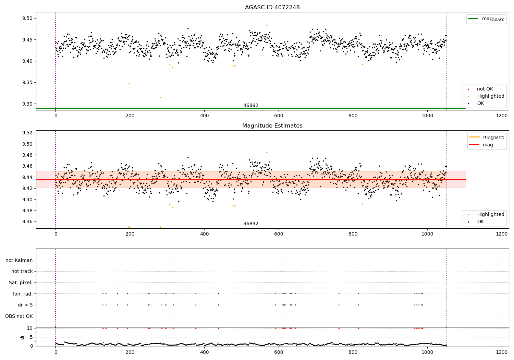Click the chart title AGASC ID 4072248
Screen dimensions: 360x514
pos(272,8)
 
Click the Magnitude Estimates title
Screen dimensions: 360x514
pos(272,126)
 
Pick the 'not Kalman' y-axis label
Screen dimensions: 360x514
pos(19,260)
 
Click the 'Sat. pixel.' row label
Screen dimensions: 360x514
pos(21,283)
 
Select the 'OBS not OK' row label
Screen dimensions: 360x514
pos(19,316)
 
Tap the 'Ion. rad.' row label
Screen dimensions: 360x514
pos(23,294)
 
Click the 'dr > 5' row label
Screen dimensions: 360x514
pos(25,305)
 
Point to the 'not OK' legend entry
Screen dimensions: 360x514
pos(485,89)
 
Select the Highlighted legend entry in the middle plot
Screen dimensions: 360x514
pos(490,215)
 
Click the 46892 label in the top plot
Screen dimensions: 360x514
pos(251,106)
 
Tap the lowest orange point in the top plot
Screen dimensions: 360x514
pos(160,97)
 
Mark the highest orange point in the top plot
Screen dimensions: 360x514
pos(267,25)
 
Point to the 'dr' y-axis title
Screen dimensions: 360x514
pos(22,337)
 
